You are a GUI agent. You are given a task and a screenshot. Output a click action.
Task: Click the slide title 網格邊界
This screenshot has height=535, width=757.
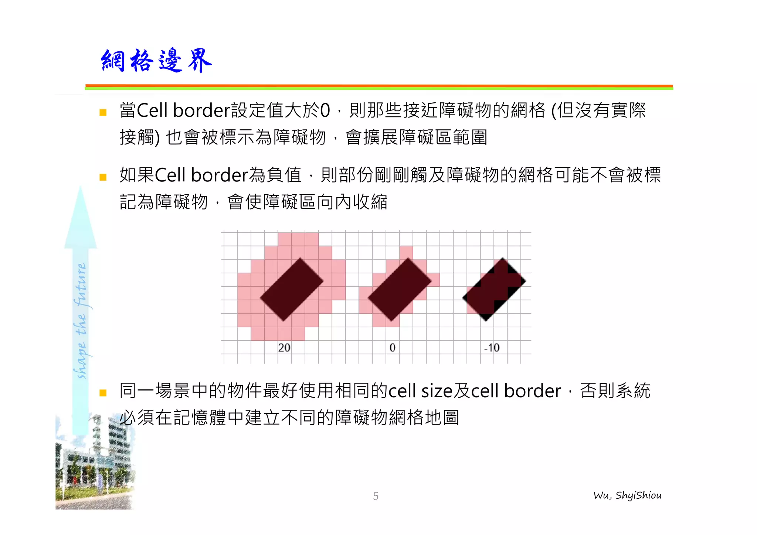[156, 61]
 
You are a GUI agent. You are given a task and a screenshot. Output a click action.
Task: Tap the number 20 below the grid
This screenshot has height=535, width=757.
[284, 348]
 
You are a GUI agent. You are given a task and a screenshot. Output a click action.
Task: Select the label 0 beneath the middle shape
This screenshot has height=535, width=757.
[392, 348]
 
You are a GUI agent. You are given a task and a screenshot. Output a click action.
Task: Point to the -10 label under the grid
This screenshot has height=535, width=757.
[491, 348]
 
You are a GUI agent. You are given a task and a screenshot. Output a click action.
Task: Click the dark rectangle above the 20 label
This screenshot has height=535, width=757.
[292, 289]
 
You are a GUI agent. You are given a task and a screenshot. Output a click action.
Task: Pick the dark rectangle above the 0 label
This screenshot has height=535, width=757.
[400, 289]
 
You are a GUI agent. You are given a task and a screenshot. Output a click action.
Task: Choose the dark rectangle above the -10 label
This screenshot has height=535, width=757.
[494, 289]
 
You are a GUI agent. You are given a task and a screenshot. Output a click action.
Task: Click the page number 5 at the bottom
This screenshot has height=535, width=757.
[376, 496]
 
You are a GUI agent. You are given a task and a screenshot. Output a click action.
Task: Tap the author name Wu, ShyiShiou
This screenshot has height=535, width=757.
[627, 495]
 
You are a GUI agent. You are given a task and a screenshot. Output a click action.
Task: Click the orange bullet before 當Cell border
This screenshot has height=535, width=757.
[103, 112]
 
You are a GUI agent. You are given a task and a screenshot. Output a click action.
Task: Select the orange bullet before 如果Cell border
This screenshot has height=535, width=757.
[103, 177]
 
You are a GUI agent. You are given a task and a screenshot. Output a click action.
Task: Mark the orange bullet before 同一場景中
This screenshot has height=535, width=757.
[103, 393]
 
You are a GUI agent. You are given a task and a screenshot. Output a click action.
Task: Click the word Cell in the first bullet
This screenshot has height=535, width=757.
[152, 110]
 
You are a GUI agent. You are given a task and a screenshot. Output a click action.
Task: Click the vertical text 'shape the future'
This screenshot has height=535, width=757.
[81, 321]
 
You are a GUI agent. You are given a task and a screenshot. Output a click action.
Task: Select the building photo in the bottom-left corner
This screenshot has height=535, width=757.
[94, 466]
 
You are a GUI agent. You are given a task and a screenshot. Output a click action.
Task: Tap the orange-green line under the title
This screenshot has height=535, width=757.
[379, 87]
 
